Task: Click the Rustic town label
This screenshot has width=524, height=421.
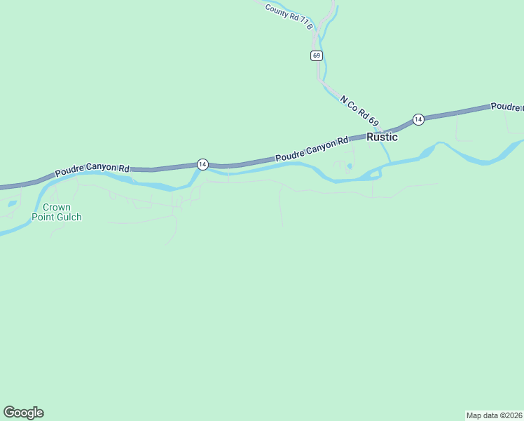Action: pyautogui.click(x=382, y=138)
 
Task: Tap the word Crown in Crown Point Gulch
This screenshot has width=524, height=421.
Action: pyautogui.click(x=57, y=208)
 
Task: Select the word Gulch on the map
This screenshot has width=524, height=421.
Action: pyautogui.click(x=69, y=218)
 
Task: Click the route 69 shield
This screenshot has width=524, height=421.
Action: pyautogui.click(x=317, y=55)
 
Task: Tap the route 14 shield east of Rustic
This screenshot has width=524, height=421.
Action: pyautogui.click(x=418, y=119)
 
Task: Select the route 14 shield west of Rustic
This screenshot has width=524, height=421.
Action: pyautogui.click(x=202, y=164)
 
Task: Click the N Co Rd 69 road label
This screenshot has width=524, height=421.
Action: pyautogui.click(x=359, y=111)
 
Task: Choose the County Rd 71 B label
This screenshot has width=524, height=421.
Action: pyautogui.click(x=288, y=15)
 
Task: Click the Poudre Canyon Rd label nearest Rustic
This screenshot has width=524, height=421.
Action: pyautogui.click(x=312, y=150)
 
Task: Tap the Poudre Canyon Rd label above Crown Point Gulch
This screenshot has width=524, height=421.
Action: pyautogui.click(x=92, y=168)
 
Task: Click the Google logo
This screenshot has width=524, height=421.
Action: pyautogui.click(x=23, y=413)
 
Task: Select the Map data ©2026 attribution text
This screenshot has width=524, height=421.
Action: pyautogui.click(x=494, y=415)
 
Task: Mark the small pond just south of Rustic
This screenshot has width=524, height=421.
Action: pyautogui.click(x=349, y=166)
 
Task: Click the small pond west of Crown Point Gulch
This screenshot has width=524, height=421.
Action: pyautogui.click(x=12, y=204)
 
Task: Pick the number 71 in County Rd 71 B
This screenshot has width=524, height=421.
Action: pyautogui.click(x=303, y=22)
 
